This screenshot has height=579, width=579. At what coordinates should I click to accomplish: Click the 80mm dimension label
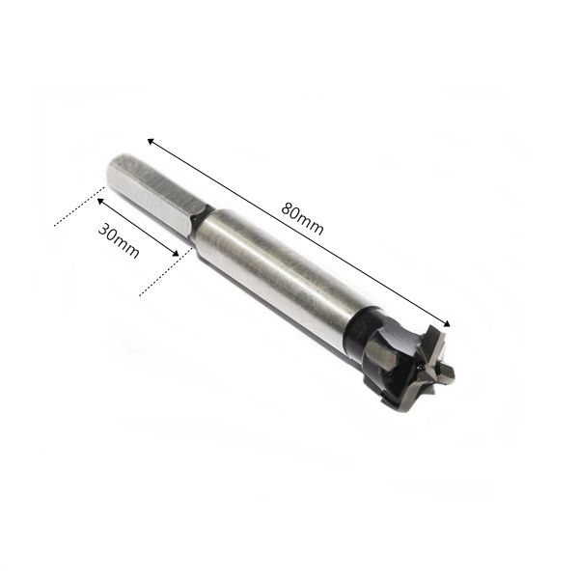(x=302, y=218)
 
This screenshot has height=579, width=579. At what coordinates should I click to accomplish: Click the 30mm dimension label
(x=119, y=240)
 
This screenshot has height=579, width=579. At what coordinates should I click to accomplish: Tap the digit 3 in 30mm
(x=104, y=230)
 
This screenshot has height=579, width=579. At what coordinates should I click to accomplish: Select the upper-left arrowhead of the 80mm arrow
(x=151, y=141)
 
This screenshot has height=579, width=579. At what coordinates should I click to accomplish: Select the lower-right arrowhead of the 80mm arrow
(x=447, y=324)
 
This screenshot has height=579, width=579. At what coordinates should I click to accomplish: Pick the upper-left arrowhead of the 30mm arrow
(x=99, y=201)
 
